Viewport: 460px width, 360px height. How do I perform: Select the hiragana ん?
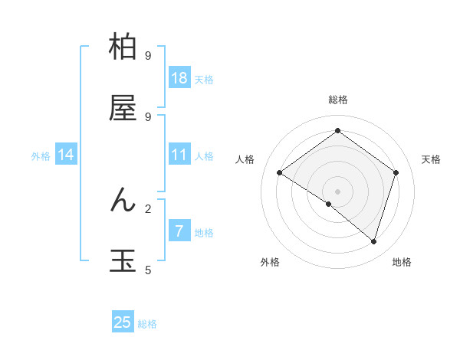coord(123,200)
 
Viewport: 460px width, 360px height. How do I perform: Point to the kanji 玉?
coord(123,261)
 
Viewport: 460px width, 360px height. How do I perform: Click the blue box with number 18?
coord(179,78)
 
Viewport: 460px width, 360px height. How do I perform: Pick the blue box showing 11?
coord(179,155)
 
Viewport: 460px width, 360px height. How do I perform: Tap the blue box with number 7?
coord(179,231)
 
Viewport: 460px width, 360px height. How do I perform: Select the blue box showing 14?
coord(66,155)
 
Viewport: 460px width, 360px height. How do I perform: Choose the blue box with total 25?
coord(123,322)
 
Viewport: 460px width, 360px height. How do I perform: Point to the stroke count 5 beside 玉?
coord(148,270)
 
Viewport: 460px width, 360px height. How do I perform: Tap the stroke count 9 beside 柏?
coord(148,56)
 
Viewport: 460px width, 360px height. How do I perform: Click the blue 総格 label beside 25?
coord(147,324)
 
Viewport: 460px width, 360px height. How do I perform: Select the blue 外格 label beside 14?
coord(41,156)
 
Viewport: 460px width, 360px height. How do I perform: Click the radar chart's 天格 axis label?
coord(431,159)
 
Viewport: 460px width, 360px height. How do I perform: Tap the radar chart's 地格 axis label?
coord(402,262)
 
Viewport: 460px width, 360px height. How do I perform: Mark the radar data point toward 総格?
coord(337,130)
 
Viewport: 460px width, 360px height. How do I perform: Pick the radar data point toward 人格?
coord(279,173)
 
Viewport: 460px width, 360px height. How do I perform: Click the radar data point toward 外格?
coord(329,204)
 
